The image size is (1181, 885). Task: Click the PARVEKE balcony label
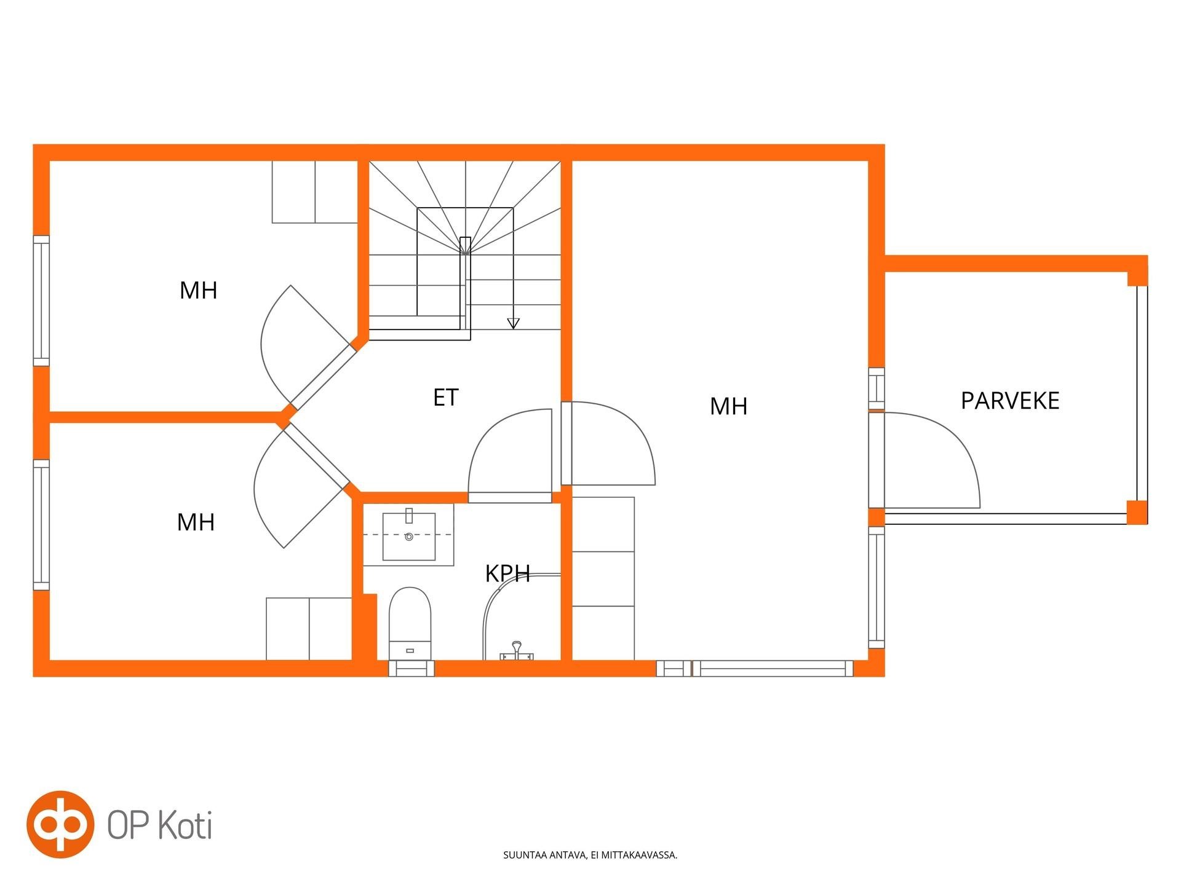click(1010, 401)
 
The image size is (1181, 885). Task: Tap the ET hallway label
click(446, 398)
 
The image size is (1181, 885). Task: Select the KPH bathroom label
click(507, 573)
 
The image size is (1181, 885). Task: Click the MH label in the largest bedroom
click(728, 406)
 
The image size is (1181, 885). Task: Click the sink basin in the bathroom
click(409, 537)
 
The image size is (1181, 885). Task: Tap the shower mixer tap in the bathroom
click(517, 651)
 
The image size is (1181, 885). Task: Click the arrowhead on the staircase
click(513, 323)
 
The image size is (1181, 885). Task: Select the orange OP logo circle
click(60, 824)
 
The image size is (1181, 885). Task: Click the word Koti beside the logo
click(185, 825)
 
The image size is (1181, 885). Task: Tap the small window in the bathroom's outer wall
click(412, 668)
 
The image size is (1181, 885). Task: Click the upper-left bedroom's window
click(41, 301)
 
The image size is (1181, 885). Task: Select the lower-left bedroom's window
click(41, 525)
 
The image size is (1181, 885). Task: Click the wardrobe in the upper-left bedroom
click(315, 192)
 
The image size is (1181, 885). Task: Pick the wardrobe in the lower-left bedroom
click(309, 629)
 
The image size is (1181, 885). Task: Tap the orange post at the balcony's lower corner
click(1137, 512)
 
